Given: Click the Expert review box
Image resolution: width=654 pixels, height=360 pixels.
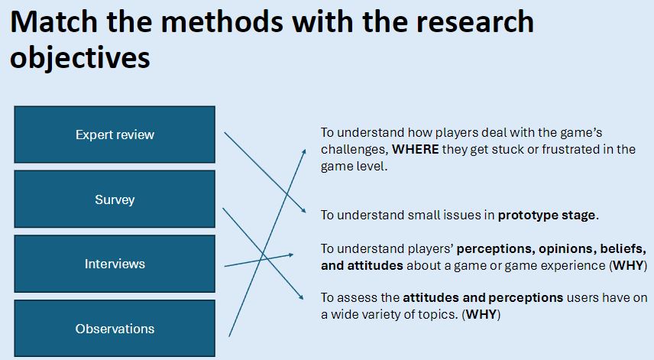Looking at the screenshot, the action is click(115, 135).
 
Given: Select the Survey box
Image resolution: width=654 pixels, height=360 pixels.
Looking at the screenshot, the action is click(115, 199).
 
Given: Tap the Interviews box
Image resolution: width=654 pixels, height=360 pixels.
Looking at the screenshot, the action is click(115, 264).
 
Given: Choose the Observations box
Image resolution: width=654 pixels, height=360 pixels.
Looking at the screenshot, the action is click(115, 329).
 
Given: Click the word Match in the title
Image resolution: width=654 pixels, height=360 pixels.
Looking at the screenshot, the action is click(53, 21).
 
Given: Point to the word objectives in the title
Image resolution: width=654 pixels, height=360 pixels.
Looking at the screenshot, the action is click(79, 57).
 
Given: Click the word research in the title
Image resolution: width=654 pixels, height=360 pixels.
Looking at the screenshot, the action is click(474, 21).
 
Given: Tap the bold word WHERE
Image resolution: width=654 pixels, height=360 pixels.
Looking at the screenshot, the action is click(415, 149).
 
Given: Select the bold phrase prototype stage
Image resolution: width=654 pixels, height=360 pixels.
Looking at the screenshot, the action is click(546, 216).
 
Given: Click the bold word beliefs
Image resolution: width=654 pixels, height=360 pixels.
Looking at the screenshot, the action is click(623, 249).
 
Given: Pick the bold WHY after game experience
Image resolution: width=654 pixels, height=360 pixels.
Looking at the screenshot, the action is click(628, 266).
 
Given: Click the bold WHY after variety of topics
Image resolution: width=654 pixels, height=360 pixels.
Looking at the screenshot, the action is click(481, 314).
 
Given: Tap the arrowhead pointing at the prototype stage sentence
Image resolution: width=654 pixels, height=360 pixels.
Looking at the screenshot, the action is click(303, 210).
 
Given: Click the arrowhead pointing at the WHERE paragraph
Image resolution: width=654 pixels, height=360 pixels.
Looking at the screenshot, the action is click(303, 152).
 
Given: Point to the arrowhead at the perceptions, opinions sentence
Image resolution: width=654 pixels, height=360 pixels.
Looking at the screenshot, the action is click(290, 255).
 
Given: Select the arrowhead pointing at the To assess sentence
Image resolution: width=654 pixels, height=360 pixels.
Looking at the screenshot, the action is click(300, 296).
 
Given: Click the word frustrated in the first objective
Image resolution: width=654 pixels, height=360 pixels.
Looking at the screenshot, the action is click(570, 149).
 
